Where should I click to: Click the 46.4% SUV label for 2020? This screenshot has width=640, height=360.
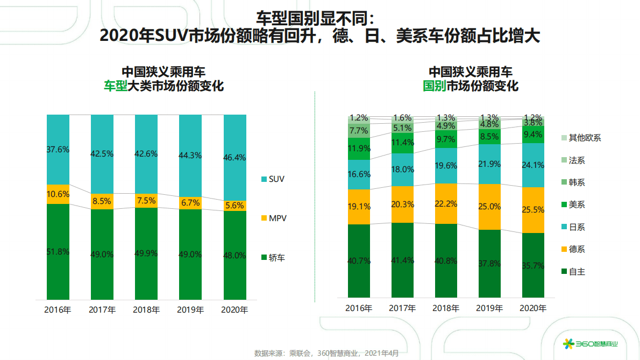234,158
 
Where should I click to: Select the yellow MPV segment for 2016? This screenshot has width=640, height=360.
58,194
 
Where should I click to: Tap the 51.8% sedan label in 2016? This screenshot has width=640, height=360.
58,251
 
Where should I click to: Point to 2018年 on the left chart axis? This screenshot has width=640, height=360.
146,310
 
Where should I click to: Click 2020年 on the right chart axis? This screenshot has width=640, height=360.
533,308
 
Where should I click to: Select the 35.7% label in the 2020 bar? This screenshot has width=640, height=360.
533,265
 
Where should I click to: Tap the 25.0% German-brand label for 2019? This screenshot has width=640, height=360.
489,207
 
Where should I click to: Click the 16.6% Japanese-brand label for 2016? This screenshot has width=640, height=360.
359,174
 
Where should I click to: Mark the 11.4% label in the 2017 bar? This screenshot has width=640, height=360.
402,143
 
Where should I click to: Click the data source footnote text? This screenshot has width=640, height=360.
326,354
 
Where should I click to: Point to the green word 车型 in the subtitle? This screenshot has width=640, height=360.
115,86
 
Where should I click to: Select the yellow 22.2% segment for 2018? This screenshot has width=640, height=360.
446,203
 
